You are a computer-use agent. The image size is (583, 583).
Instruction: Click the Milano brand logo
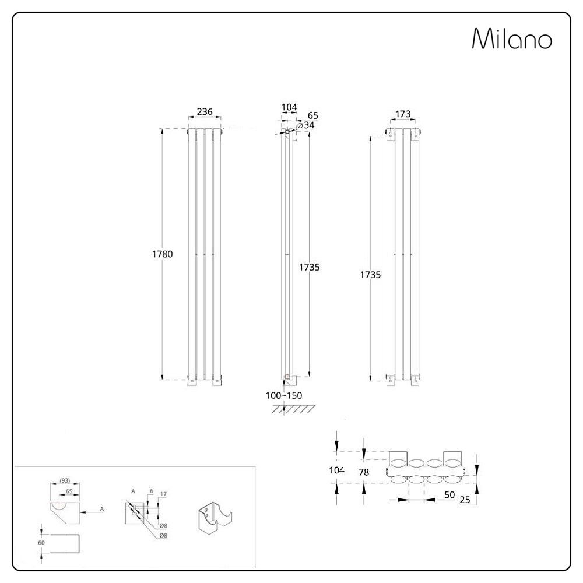coord(512,38)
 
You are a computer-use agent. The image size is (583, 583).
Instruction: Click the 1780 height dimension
coord(163,254)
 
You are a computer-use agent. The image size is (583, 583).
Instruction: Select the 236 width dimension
coord(205,111)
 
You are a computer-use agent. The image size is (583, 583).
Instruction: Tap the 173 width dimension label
coord(403,114)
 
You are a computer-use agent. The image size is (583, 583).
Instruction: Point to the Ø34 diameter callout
coord(306,126)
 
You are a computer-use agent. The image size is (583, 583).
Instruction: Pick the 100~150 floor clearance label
coord(284,396)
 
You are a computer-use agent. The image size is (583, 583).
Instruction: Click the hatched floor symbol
coord(292,409)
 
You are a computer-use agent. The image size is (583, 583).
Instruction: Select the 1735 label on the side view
coord(310,267)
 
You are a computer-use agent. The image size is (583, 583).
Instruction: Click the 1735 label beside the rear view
coord(370,275)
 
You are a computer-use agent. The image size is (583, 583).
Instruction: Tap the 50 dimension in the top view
coord(449,495)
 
